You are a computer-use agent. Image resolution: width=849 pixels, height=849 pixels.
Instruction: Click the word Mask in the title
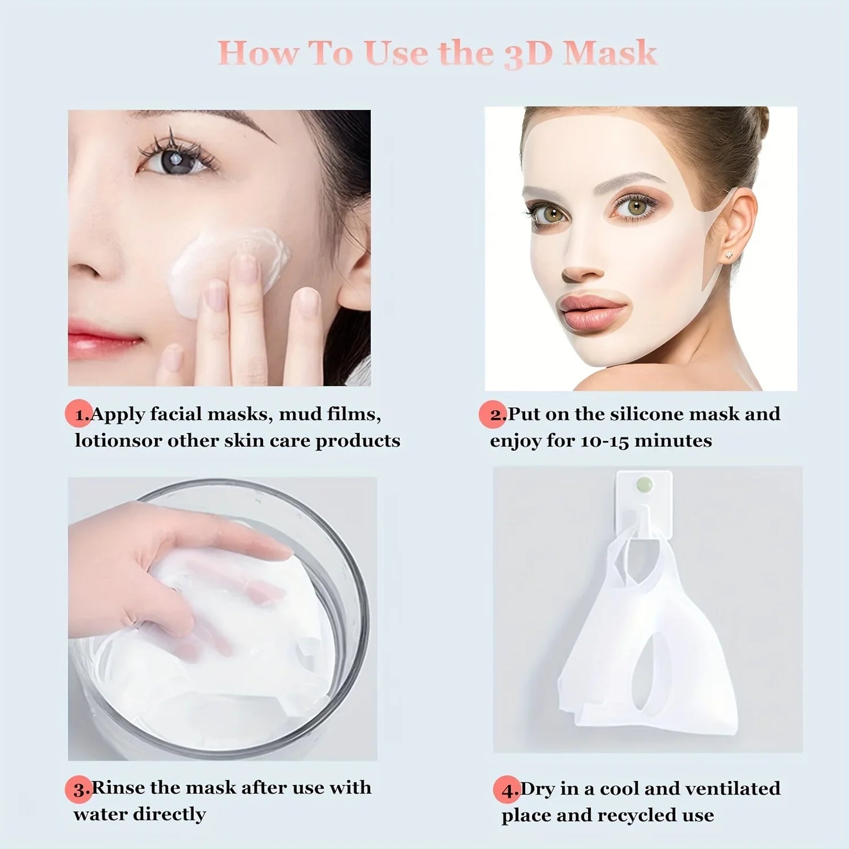pos(609,53)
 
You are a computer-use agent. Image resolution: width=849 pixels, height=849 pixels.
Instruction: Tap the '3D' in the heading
pos(528,54)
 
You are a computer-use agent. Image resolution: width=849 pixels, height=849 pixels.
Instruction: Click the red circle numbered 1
pos(79,414)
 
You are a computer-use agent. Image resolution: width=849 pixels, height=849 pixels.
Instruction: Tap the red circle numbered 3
pos(79,788)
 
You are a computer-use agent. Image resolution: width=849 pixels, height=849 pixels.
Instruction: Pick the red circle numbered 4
pos(506,790)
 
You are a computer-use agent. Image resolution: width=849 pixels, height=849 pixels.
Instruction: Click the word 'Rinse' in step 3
pos(119,787)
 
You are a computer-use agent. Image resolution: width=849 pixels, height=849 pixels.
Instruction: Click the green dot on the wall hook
pos(645,485)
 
